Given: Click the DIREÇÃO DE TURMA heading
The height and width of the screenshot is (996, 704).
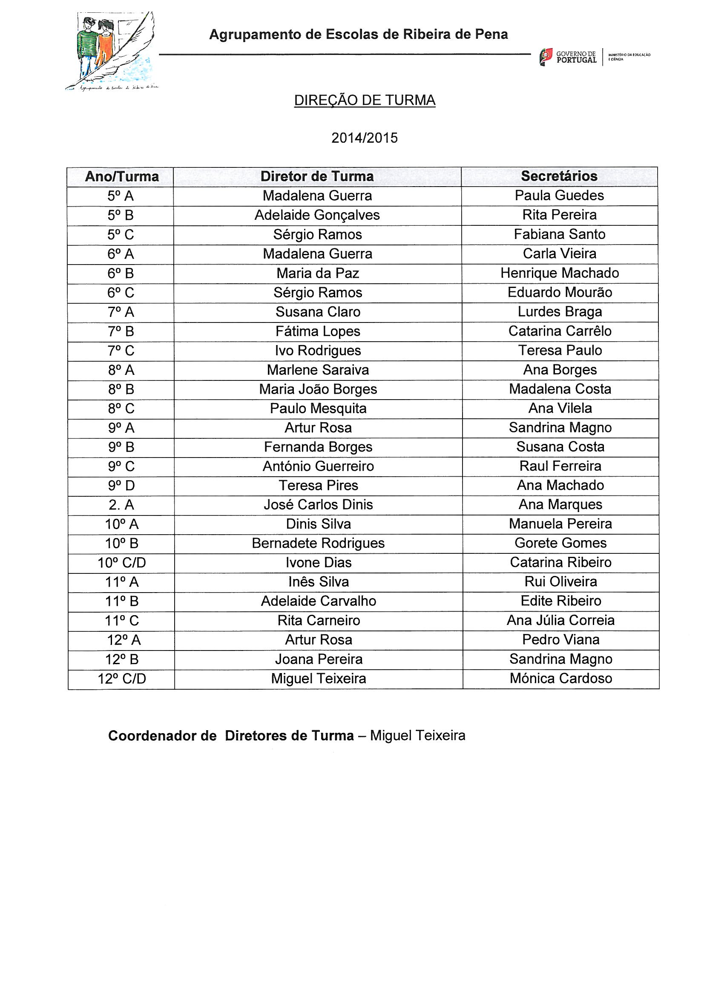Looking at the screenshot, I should coord(365,101).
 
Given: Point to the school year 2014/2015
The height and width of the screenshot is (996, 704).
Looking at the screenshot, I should coord(365,138).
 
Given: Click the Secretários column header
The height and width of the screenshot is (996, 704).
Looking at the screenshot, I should coord(559,176).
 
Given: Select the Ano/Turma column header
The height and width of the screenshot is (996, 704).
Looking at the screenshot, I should coord(122,176).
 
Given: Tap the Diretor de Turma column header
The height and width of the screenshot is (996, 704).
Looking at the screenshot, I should coord(317,176).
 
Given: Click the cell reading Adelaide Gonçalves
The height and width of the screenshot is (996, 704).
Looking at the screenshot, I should coord(317,215).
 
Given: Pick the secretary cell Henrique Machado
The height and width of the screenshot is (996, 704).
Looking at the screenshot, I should coord(560,273).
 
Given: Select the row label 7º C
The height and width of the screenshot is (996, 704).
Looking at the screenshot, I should coord(121,351).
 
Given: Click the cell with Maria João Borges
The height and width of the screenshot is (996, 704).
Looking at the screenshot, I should coord(318,389).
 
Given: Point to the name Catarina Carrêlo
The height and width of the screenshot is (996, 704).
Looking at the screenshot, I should coord(560,331).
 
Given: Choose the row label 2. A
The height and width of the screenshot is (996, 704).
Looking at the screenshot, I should coord(121,505).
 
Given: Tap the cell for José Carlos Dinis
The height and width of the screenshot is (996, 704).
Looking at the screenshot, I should coord(318,504).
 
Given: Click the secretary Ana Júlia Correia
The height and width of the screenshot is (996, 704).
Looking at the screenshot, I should coord(560,620).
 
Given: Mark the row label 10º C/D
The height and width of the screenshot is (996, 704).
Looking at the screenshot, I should coord(121,563).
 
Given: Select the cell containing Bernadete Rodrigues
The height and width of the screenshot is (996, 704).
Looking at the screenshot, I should coord(318,543).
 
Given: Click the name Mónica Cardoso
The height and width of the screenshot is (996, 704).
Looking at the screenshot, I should coord(560,679).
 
